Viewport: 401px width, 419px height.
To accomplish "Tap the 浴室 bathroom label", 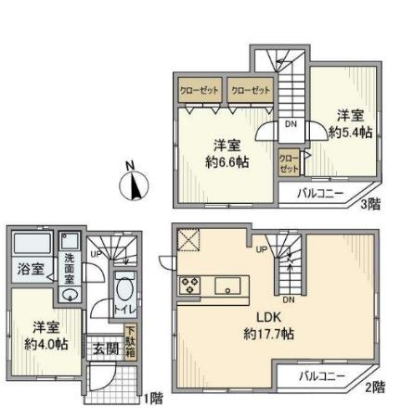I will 30,270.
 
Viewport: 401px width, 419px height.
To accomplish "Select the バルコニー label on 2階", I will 322,377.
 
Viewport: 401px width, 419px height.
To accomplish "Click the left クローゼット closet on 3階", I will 199,90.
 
